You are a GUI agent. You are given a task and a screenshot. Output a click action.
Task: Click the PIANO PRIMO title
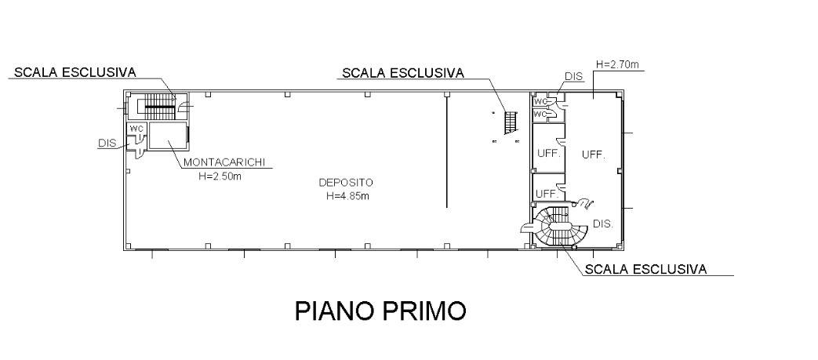380,311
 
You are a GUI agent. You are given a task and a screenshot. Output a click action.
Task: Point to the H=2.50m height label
220,176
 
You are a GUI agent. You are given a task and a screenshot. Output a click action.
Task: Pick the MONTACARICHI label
224,163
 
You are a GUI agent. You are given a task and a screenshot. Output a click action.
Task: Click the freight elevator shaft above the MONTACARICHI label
169,135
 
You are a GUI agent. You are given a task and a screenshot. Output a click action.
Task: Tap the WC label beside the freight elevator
136,128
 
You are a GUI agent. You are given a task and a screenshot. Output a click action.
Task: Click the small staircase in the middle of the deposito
511,122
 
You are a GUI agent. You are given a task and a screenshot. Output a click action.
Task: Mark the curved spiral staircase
559,227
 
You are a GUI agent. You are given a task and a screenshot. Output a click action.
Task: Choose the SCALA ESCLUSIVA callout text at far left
75,72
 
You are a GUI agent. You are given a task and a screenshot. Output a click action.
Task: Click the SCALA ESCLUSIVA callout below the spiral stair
645,269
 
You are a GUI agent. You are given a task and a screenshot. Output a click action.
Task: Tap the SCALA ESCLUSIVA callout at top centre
402,73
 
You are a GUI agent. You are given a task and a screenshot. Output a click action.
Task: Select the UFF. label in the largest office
593,155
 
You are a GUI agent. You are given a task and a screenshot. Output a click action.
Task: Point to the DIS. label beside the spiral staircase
602,224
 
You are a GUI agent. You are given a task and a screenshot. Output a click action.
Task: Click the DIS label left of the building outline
107,144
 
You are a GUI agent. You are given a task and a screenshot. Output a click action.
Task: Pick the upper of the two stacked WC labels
540,102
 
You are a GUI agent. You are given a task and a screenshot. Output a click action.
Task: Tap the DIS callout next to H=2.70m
573,77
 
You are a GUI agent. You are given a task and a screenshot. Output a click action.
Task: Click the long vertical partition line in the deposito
446,149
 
